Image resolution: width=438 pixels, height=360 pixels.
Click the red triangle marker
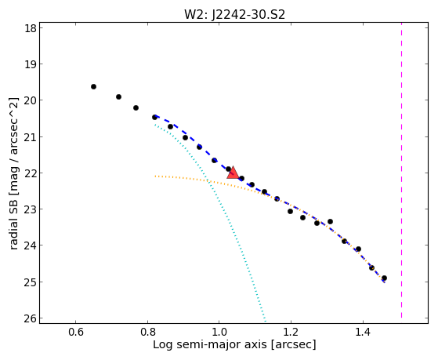click(x=233, y=173)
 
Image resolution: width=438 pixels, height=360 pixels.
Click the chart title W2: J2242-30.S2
click(x=234, y=14)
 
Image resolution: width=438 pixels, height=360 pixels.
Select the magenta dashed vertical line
click(x=401, y=170)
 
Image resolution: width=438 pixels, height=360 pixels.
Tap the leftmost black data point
click(x=93, y=87)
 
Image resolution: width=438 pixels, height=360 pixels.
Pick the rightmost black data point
click(x=384, y=278)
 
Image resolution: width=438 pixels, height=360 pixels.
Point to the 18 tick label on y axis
click(x=31, y=28)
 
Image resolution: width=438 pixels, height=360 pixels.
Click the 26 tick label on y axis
click(x=31, y=318)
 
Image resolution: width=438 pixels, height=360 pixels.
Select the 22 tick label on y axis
click(x=31, y=173)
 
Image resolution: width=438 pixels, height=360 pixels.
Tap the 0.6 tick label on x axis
click(x=75, y=332)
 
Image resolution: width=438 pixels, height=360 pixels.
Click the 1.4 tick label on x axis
click(x=363, y=332)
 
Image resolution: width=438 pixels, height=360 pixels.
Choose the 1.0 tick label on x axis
click(x=219, y=332)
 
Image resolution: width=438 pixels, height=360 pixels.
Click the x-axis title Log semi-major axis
click(x=210, y=344)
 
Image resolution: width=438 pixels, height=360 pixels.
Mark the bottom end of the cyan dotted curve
click(x=266, y=321)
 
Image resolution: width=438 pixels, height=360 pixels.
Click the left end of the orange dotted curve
click(x=155, y=176)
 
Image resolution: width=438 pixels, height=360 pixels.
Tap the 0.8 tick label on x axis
click(x=147, y=332)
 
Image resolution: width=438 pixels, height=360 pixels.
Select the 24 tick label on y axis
click(x=31, y=245)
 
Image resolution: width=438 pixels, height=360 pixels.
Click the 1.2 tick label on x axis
click(x=291, y=332)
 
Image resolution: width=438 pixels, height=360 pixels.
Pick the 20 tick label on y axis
click(x=31, y=100)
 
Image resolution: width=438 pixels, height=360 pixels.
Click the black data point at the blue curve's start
click(x=154, y=117)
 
